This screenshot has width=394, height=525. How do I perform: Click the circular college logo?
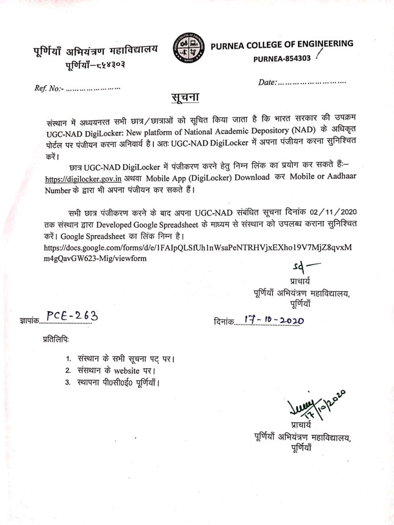click(188, 48)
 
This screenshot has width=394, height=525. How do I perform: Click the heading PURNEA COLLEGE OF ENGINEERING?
click(282, 44)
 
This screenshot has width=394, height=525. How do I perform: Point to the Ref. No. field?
click(77, 88)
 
